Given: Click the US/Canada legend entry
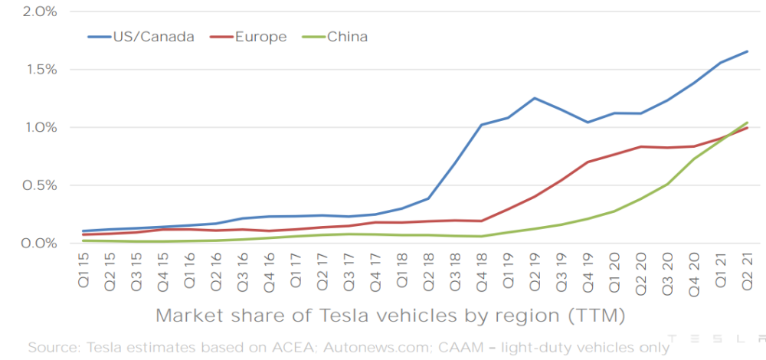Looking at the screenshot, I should pos(150,36).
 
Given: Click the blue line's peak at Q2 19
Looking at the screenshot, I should pos(534,98).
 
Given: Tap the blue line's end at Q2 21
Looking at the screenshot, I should pos(747,51).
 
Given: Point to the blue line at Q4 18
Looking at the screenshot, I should pos(481,125).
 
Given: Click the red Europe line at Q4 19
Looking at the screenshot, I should pos(588,162).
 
